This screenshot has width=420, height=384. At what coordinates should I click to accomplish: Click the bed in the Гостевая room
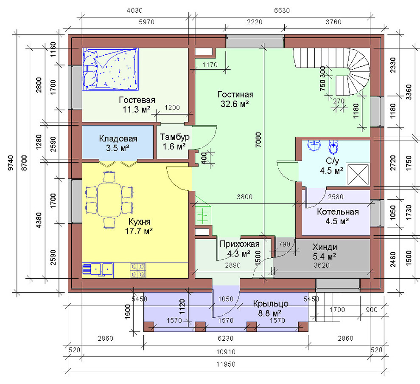pos(110,69)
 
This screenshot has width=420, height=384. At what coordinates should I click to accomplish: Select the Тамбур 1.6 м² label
pos(174,141)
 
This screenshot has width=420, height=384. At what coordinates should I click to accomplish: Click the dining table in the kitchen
pos(109,200)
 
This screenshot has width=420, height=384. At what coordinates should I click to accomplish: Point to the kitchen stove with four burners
pos(138,270)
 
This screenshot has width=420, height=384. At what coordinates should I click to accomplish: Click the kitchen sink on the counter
pos(98,270)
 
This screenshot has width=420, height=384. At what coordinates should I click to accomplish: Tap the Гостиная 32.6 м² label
pos(235,99)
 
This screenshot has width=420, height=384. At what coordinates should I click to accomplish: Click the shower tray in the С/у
pos(358,175)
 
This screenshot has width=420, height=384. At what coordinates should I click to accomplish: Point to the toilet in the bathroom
pos(333,147)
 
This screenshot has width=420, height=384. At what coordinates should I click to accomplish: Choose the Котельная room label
pos(338,212)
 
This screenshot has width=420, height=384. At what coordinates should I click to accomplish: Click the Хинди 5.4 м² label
pos(325,252)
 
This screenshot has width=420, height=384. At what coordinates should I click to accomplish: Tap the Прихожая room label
pos(239,244)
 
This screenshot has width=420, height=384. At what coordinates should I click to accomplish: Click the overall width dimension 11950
pos(226,364)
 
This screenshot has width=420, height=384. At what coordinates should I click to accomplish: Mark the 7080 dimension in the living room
pos(258,140)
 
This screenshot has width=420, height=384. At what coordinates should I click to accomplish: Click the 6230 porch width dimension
pos(226,339)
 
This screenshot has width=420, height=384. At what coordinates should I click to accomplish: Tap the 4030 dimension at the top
pos(134,11)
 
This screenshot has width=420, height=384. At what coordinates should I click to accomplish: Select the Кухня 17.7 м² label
pos(139,226)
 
